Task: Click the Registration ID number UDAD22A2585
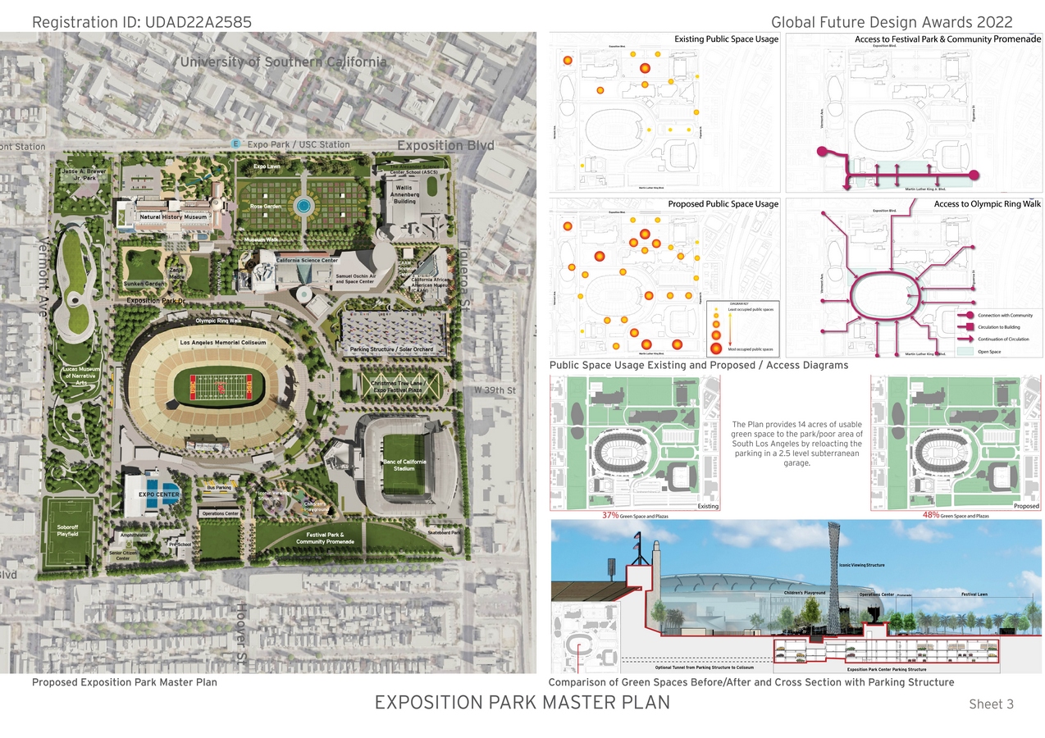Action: point(198,21)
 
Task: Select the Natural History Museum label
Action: point(172,217)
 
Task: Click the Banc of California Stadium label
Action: point(404,465)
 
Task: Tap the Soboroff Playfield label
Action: point(68,530)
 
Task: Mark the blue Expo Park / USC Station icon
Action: point(236,143)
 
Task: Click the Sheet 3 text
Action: point(991,704)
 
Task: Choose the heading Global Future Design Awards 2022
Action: point(892,22)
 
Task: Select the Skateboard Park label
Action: point(444,532)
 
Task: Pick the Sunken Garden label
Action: point(144,284)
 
